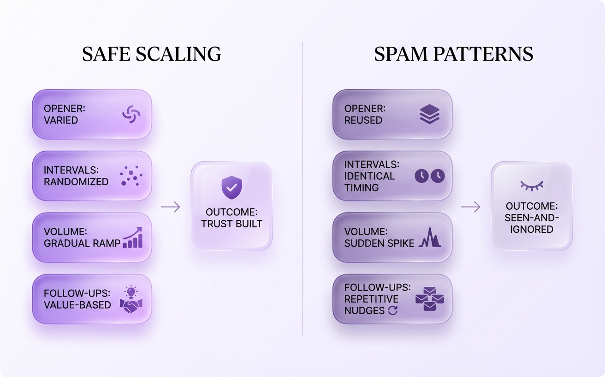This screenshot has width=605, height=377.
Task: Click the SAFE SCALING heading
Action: coord(152,54)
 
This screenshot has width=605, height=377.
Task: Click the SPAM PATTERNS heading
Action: coord(453,54)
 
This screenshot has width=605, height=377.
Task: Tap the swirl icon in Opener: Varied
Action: coord(131,114)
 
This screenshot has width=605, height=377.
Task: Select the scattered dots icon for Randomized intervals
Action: coord(131,176)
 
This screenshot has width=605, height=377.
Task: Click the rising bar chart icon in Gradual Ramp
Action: coord(133,238)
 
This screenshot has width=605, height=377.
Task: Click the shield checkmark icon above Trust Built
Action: coord(231,187)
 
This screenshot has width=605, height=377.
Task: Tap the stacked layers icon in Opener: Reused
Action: coord(430,114)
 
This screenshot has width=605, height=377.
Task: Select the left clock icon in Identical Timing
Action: coord(421,176)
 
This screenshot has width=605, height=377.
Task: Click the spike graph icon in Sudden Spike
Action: coord(430,238)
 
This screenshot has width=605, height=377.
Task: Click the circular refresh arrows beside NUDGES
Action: coord(392,310)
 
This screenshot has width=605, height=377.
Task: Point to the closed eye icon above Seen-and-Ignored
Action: coord(531,185)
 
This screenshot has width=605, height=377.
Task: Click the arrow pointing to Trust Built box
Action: coord(170,207)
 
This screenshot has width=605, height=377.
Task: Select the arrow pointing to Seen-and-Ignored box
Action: coord(470,207)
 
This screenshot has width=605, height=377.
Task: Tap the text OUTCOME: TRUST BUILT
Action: coord(231,218)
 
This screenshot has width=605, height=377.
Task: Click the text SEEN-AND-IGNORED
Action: coord(531,224)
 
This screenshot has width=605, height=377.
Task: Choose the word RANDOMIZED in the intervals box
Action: coord(76,182)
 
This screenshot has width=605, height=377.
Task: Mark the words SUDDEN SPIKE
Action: coord(380,243)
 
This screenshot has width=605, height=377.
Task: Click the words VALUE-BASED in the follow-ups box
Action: coord(77,304)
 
